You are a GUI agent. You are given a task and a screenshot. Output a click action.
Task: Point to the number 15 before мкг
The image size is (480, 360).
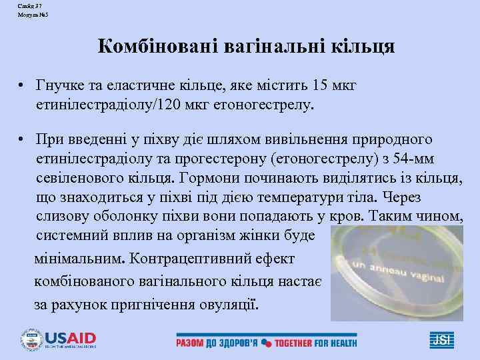(x=322, y=87)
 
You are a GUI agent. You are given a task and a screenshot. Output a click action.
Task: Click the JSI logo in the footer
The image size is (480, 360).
(x=441, y=341)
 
